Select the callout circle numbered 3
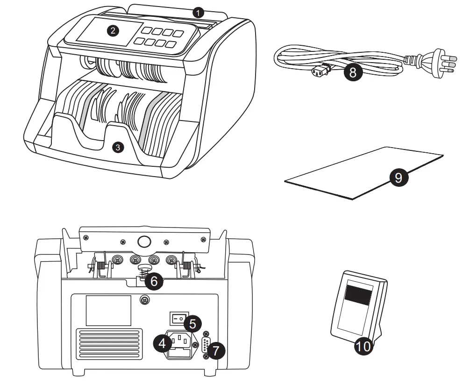click(x=117, y=148)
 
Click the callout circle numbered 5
click(x=192, y=323)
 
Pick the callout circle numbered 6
click(x=154, y=281)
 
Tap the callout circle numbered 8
click(x=353, y=73)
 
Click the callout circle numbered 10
click(x=364, y=346)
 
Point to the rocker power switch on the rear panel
click(x=176, y=319)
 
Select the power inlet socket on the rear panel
click(x=180, y=343)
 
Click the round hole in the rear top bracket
click(x=144, y=242)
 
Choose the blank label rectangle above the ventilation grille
click(x=108, y=309)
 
